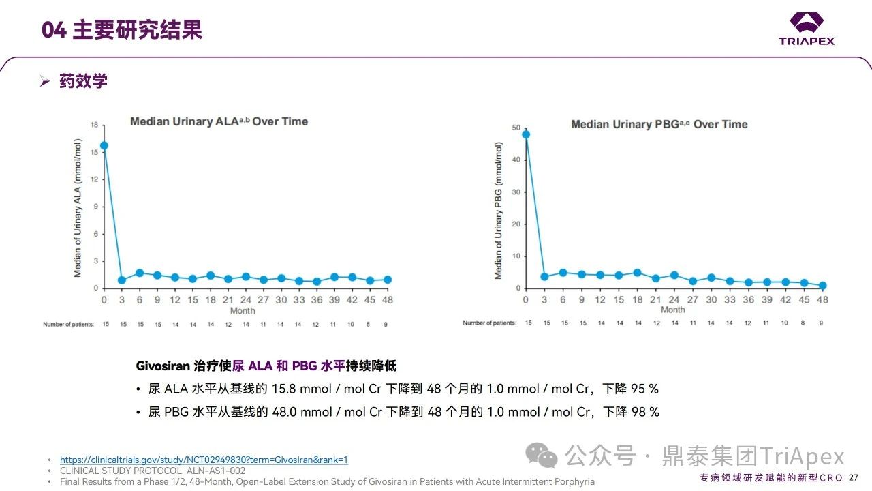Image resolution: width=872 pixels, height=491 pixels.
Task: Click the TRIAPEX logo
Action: click(x=807, y=29)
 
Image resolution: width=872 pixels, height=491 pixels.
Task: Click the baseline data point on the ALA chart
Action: click(x=104, y=145)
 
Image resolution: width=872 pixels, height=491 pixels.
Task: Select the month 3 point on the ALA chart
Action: click(x=122, y=280)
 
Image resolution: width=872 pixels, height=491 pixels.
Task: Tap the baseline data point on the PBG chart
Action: click(x=525, y=134)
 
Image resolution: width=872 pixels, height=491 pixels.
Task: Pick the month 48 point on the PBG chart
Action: click(x=822, y=286)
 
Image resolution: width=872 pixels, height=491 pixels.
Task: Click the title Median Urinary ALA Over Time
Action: click(x=219, y=121)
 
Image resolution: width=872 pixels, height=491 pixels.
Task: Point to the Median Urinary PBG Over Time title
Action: click(x=659, y=124)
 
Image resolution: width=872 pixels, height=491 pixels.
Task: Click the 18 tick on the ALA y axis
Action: click(x=95, y=125)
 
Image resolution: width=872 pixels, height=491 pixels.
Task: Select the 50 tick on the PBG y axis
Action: click(x=516, y=128)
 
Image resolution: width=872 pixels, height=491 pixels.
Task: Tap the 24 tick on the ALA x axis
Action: click(x=245, y=300)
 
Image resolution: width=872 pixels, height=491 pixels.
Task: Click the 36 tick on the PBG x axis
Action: click(x=748, y=300)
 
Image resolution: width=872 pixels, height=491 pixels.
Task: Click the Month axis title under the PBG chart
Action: click(x=672, y=310)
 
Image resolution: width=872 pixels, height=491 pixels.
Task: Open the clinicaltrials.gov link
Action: click(x=204, y=460)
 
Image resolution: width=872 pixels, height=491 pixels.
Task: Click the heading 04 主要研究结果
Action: click(x=122, y=30)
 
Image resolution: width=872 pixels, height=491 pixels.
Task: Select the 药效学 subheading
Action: click(x=83, y=81)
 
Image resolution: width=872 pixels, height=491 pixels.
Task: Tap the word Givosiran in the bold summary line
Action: click(x=163, y=366)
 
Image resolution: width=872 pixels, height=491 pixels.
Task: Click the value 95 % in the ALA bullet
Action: click(x=644, y=389)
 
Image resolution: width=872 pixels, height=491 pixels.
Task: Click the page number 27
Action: click(x=854, y=477)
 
